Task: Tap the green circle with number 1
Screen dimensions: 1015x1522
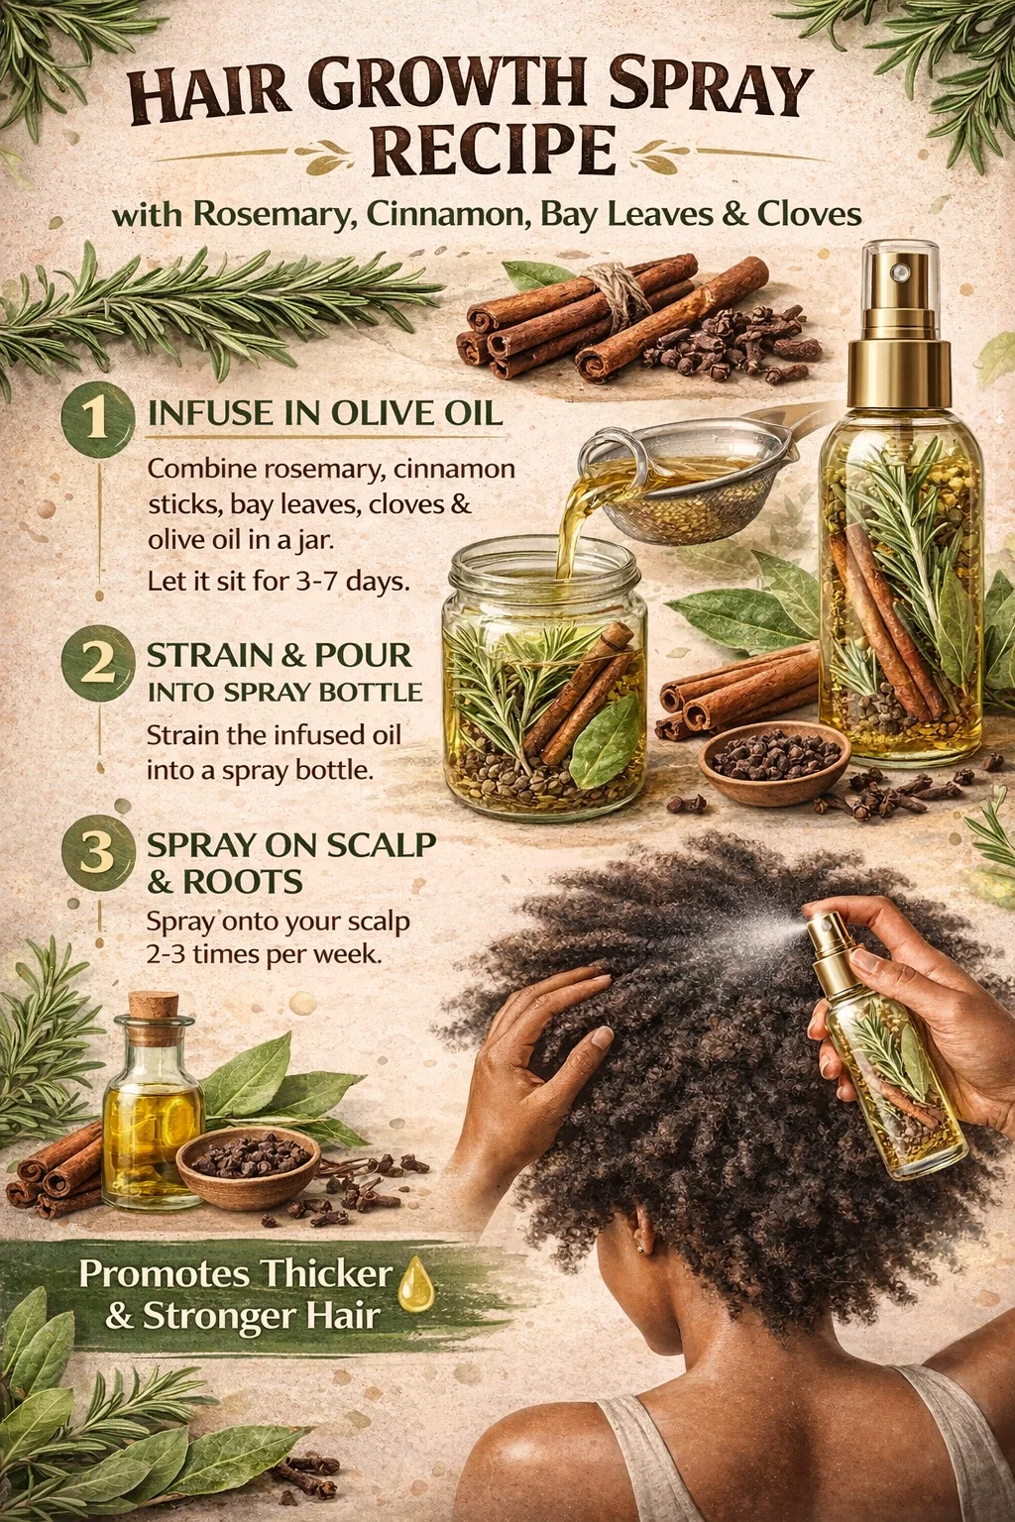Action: pos(98,418)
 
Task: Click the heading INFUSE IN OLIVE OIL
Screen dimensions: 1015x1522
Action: pos(325,413)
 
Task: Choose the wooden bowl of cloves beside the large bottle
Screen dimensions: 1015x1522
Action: pos(774,763)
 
